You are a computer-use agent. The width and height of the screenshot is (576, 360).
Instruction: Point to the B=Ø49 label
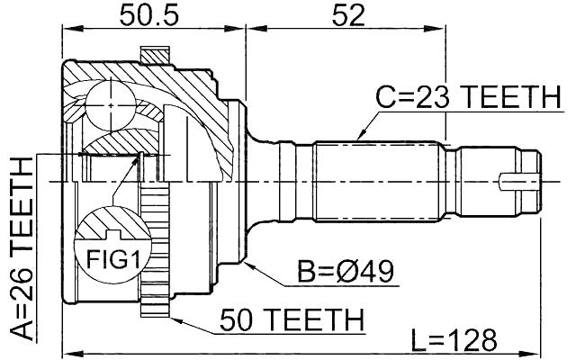pyautogui.click(x=347, y=273)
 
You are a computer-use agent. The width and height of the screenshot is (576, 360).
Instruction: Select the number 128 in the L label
pyautogui.click(x=472, y=340)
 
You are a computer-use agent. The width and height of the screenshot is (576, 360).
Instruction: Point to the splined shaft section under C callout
pyautogui.click(x=378, y=180)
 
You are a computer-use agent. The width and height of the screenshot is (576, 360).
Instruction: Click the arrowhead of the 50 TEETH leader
pyautogui.click(x=171, y=317)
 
